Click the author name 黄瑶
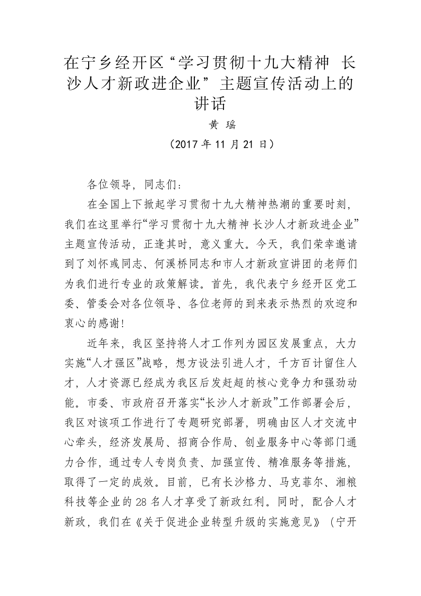210,125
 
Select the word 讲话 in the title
210,101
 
